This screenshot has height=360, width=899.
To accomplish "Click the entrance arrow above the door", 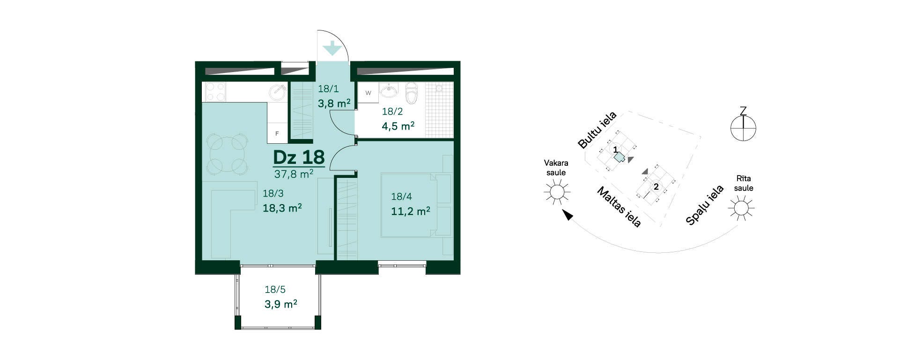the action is [332, 48].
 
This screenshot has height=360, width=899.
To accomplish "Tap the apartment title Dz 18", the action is [299, 157].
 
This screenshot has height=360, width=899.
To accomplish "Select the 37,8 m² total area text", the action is [294, 174].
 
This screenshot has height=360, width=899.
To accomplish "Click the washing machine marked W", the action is [368, 93].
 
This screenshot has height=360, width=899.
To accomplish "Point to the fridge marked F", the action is [277, 133].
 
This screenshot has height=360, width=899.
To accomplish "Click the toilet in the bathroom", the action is [411, 93].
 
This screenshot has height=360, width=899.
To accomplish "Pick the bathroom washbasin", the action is [389, 90].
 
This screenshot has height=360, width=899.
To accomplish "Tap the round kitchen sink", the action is [277, 92].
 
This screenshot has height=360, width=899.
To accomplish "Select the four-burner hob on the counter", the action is [215, 92].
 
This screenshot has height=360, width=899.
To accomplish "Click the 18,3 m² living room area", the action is [282, 208].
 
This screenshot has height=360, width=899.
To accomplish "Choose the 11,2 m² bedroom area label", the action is [411, 211].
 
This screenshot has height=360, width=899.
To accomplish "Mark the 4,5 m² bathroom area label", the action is [398, 126].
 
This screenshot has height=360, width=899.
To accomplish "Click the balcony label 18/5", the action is [275, 290].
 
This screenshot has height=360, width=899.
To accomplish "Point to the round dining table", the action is [228, 152].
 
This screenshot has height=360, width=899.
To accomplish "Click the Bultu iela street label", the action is [597, 130].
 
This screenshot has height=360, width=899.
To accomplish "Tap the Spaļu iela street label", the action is [705, 205].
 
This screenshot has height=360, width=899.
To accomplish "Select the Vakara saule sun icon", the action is [557, 192].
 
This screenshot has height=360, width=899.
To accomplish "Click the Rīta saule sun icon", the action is [741, 207].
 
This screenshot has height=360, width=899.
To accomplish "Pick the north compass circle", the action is [743, 127].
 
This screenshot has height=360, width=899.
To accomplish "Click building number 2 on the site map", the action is [656, 187].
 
